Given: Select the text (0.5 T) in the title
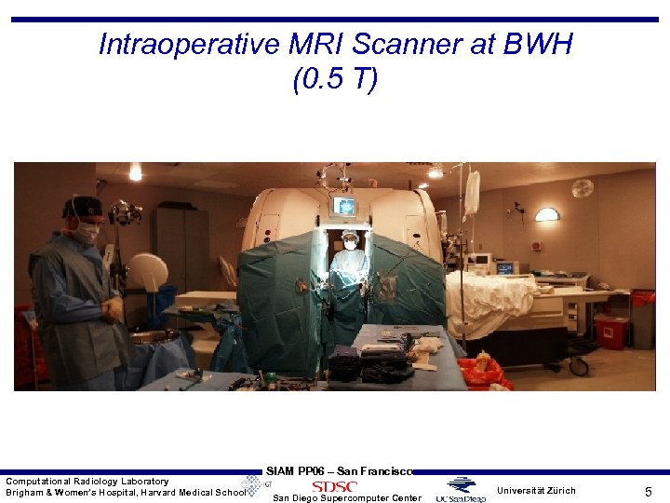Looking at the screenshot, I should (335, 80).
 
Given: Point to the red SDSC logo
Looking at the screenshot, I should (334, 486).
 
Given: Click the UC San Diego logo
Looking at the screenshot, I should (461, 490).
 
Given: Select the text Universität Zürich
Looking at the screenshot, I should (536, 490).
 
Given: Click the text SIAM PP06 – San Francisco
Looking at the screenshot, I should (339, 471).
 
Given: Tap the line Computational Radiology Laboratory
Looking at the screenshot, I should (87, 481).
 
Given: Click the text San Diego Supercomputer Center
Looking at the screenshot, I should (346, 498).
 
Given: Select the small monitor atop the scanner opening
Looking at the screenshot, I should (344, 207).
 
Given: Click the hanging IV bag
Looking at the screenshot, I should (472, 193).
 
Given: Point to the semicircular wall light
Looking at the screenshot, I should (547, 214).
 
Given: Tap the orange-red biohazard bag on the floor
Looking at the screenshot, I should (485, 374).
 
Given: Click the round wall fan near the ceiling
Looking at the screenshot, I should (583, 188).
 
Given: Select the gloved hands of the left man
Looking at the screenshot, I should (112, 308).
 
